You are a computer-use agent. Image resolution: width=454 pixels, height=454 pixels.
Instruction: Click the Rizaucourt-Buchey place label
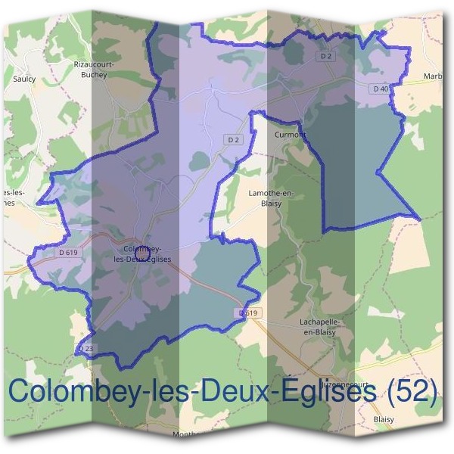94,69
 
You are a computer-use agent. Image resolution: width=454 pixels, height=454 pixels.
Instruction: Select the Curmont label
288,134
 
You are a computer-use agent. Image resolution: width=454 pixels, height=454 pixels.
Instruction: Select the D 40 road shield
381,89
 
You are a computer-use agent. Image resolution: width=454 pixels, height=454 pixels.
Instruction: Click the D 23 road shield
86,348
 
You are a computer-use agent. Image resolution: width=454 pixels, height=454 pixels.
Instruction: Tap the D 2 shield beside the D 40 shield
326,56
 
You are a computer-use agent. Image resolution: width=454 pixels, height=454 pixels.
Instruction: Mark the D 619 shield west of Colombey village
67,253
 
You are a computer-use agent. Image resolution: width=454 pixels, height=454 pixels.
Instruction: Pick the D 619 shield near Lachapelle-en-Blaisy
249,313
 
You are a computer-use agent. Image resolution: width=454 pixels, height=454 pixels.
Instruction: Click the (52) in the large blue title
412,392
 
